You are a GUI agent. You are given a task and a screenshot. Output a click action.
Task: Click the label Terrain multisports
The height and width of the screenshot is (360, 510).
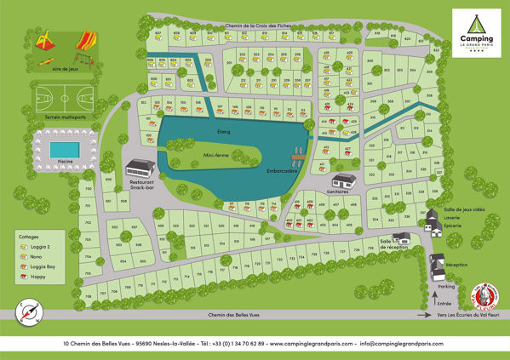pos(56,119)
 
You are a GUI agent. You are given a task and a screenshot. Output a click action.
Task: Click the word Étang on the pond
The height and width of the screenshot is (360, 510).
pos(224,131)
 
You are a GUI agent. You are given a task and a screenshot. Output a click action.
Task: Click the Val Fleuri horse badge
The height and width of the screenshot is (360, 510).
pos(483,295)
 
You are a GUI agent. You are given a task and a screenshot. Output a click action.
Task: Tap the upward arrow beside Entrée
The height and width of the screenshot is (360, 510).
pos(436,301)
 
